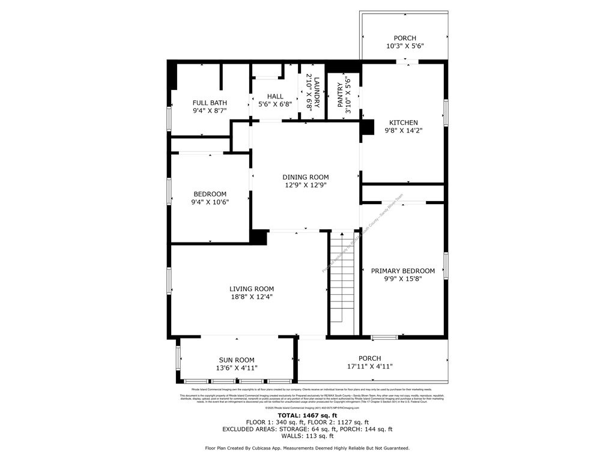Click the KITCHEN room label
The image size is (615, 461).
pyautogui.click(x=403, y=122)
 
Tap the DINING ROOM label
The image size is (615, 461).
pyautogui.click(x=306, y=177)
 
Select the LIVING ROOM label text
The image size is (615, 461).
pyautogui.click(x=251, y=288)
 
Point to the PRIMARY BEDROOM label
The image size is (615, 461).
pyautogui.click(x=402, y=271)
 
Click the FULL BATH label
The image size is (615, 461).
pyautogui.click(x=210, y=103)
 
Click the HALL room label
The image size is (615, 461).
pyautogui.click(x=275, y=96)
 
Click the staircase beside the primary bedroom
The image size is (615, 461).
pyautogui.click(x=344, y=282)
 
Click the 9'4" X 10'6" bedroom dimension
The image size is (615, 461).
pyautogui.click(x=210, y=202)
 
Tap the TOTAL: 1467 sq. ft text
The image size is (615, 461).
pyautogui.click(x=307, y=415)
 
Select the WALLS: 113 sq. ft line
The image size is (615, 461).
pyautogui.click(x=307, y=436)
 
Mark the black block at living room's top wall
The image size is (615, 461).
pyautogui.click(x=259, y=237)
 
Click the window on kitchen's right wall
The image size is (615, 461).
pyautogui.click(x=446, y=113)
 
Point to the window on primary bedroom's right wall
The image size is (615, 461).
pyautogui.click(x=446, y=265)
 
